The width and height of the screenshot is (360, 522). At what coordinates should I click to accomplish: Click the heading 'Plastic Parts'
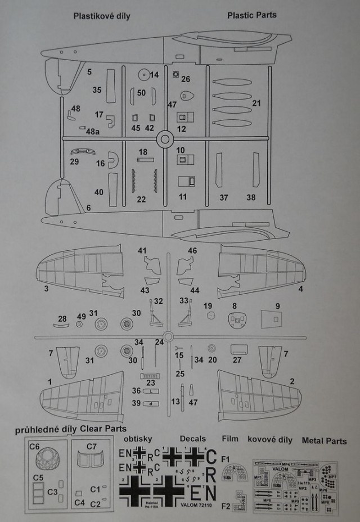(251, 15)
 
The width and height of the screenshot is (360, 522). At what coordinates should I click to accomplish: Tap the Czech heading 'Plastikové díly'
(101, 16)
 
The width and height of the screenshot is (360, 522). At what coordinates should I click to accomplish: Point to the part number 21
(257, 103)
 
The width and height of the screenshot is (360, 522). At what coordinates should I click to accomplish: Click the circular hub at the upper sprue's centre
(164, 138)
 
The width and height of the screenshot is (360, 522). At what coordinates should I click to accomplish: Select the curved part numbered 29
(82, 151)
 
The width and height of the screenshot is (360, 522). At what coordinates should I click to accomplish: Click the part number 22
(141, 199)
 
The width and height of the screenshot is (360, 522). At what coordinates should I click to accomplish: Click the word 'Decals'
(192, 439)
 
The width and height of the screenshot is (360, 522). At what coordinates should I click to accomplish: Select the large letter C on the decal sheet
(211, 457)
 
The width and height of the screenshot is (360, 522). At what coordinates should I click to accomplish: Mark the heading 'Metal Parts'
(324, 441)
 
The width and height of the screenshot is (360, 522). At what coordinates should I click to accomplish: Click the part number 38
(251, 197)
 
